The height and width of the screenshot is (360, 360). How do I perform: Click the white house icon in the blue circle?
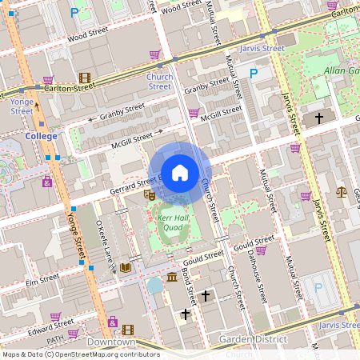180,172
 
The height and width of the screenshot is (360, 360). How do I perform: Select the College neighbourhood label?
42,136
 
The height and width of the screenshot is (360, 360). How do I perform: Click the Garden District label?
254,340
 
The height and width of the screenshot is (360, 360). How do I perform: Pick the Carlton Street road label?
64,89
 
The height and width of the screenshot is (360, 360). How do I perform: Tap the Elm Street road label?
42,280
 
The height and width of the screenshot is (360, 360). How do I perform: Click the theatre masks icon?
149,194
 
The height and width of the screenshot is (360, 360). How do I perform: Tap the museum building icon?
172,278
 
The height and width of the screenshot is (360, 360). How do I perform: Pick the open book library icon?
125,268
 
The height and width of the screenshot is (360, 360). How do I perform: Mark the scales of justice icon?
342,192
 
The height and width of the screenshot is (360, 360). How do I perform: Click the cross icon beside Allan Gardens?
318,118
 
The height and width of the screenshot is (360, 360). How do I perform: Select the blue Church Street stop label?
159,82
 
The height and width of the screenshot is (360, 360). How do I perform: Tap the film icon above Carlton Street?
84,78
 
